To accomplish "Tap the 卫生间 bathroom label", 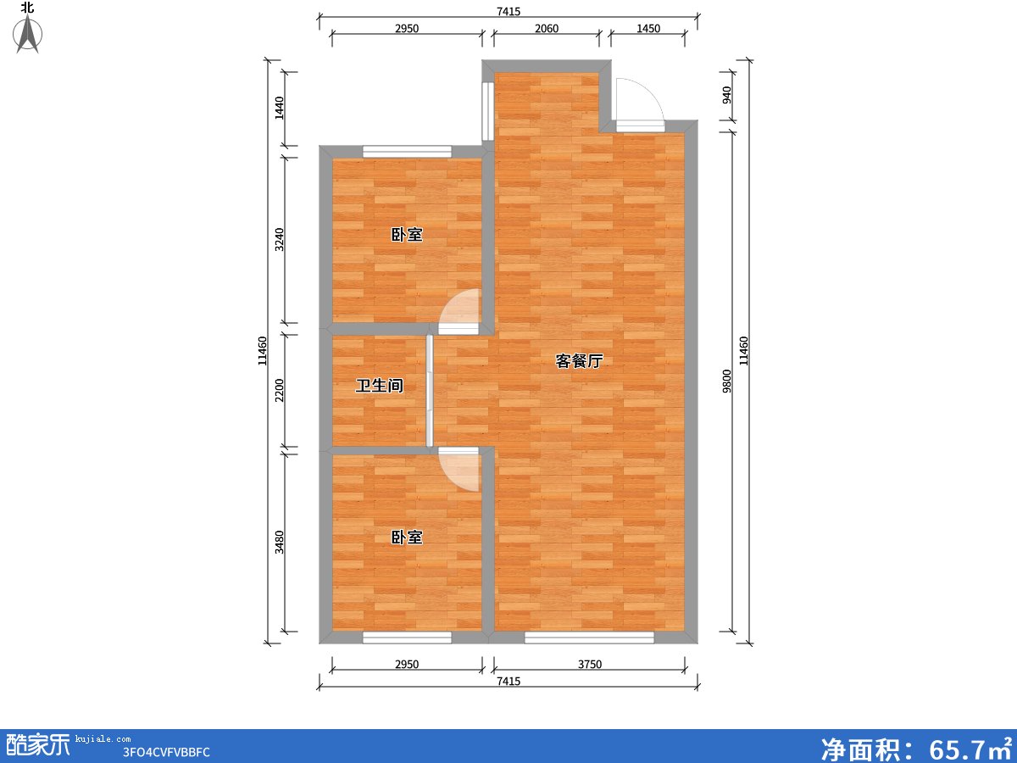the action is coord(379,386).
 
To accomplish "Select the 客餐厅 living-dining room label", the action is coord(579,361).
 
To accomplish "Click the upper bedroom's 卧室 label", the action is coord(407,235).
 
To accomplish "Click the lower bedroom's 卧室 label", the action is coord(407,537).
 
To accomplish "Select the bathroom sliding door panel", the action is coord(430,391).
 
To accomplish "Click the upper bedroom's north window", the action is coord(407,152).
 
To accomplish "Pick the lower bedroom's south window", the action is coord(407,638).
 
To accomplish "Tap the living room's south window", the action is coord(589,638).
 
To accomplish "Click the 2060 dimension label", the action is coord(547,29).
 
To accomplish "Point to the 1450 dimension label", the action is coord(648,29).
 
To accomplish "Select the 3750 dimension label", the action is coord(590,665).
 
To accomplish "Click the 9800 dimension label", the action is coord(727,381).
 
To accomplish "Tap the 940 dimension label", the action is coord(727,95).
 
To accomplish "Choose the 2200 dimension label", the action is coord(279,390).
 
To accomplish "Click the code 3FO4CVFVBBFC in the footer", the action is coord(166,752).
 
